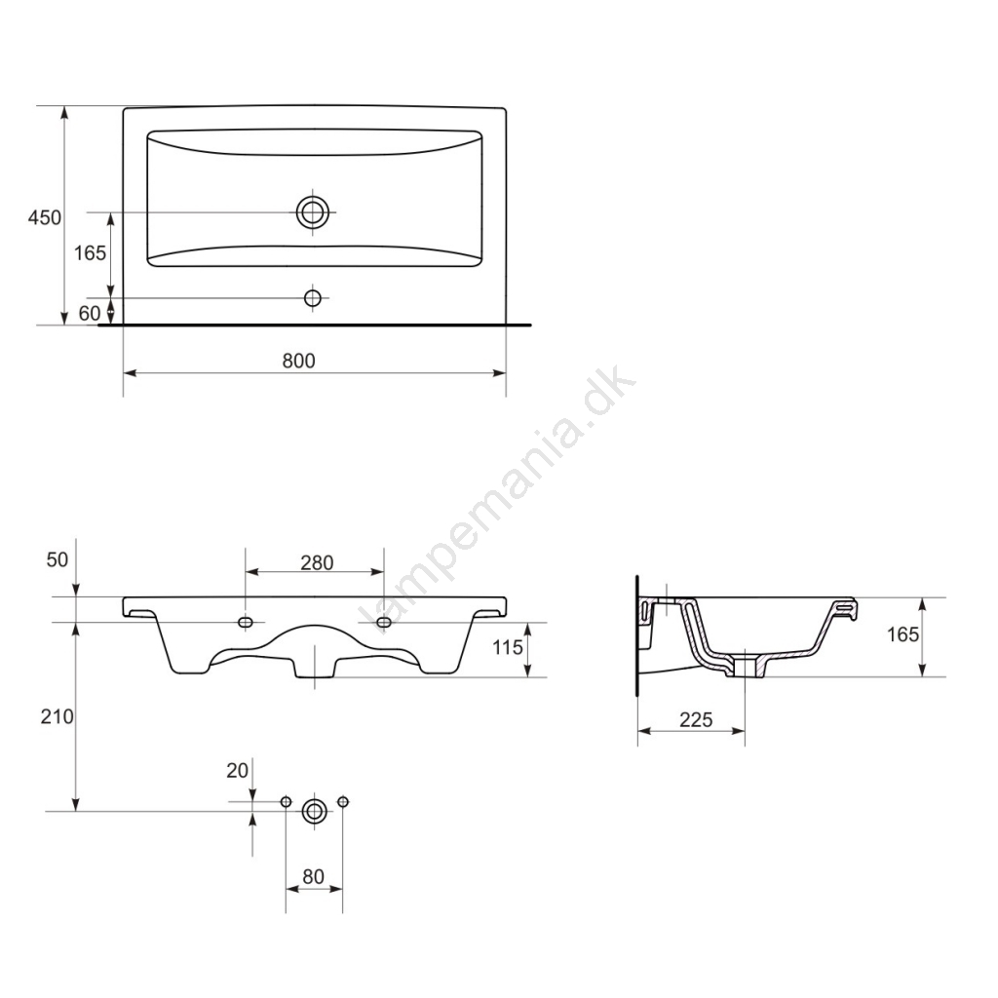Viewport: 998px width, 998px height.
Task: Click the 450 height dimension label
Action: pos(45,217)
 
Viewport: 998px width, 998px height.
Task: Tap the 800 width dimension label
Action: pos(298,361)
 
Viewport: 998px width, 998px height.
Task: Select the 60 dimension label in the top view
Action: pos(90,313)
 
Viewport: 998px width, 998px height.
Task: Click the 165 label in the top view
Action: pos(90,253)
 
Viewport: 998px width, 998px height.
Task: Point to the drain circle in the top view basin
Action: pos(313,211)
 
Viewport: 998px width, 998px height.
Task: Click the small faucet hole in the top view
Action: pos(313,297)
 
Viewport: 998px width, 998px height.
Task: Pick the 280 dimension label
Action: pos(317,562)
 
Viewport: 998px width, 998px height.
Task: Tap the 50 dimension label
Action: pos(58,559)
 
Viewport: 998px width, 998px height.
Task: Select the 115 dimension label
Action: pos(507,648)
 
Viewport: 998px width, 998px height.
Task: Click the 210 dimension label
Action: pos(58,716)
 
